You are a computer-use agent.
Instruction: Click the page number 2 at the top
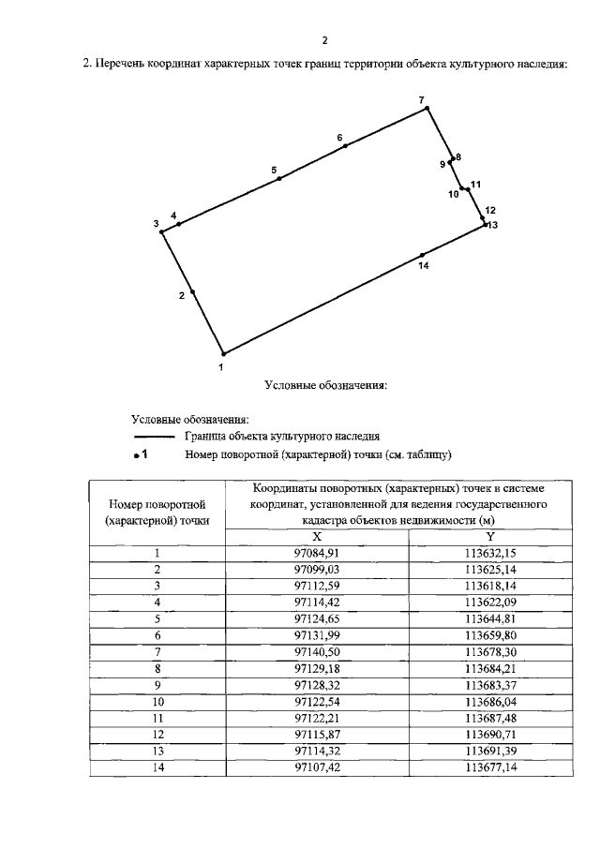coord(324,40)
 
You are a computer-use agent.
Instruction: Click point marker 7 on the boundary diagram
coord(427,109)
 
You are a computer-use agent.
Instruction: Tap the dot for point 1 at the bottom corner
coord(223,354)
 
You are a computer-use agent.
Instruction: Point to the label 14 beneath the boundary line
coord(423,267)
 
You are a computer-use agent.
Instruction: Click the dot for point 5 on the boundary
coord(279,178)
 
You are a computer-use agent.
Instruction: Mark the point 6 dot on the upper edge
coord(345,146)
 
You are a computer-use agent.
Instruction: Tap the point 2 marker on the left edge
coord(192,292)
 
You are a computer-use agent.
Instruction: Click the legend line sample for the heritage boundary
coord(155,436)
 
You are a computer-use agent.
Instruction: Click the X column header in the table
coord(316,536)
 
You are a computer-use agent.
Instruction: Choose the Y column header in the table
coord(490,536)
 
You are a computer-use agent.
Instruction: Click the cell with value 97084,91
coord(316,553)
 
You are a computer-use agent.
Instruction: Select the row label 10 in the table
coord(157,701)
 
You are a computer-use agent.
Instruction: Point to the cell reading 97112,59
coord(316,585)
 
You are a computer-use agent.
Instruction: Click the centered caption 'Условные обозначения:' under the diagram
coord(325,384)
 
